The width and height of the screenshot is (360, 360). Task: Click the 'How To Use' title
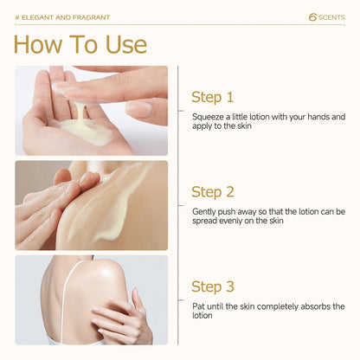tap(80, 44)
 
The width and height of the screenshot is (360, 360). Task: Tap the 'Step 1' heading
tap(212, 97)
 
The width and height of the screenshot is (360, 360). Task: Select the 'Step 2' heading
tap(213, 192)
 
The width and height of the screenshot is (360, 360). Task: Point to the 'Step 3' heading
tap(213, 286)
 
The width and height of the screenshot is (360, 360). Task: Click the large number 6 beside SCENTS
tap(312, 17)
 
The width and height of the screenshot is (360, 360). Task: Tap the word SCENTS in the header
tap(331, 17)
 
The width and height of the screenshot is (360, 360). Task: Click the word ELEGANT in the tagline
tap(38, 17)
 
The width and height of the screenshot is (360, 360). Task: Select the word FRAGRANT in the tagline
tap(91, 17)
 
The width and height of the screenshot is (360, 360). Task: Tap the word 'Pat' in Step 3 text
tap(198, 306)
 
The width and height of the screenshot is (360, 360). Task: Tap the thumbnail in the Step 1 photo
tap(139, 109)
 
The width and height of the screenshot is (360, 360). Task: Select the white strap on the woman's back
tap(65, 300)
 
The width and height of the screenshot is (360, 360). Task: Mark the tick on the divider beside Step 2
tap(181, 205)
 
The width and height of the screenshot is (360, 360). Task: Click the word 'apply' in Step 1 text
tap(202, 126)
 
